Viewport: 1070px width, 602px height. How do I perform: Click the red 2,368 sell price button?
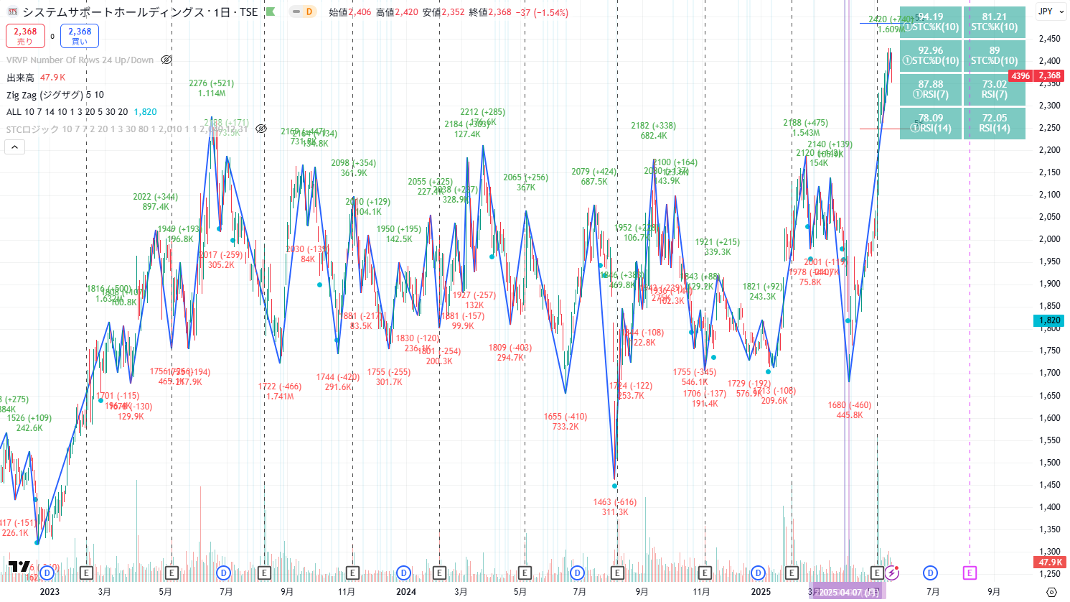(x=25, y=36)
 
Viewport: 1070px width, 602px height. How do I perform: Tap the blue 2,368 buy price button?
(x=80, y=36)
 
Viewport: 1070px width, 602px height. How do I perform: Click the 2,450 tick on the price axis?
(x=1049, y=39)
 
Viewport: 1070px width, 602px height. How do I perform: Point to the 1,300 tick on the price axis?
(x=1049, y=552)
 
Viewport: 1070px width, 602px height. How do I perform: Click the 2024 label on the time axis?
(x=406, y=592)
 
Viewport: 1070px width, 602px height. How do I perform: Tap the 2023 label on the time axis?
(x=50, y=592)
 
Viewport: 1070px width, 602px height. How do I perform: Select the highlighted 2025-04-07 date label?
(x=848, y=592)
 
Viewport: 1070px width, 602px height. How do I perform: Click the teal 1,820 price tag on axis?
(x=1049, y=320)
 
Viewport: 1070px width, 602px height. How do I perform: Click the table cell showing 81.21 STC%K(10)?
(x=994, y=22)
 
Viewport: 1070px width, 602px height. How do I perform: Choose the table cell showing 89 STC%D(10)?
(x=994, y=55)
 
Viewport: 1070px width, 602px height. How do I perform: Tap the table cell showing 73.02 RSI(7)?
(x=994, y=89)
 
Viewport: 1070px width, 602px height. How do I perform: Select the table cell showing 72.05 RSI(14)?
(x=994, y=123)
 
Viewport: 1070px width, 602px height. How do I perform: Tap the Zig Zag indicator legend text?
(x=55, y=95)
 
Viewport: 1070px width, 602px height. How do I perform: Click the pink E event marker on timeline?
(x=970, y=573)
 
